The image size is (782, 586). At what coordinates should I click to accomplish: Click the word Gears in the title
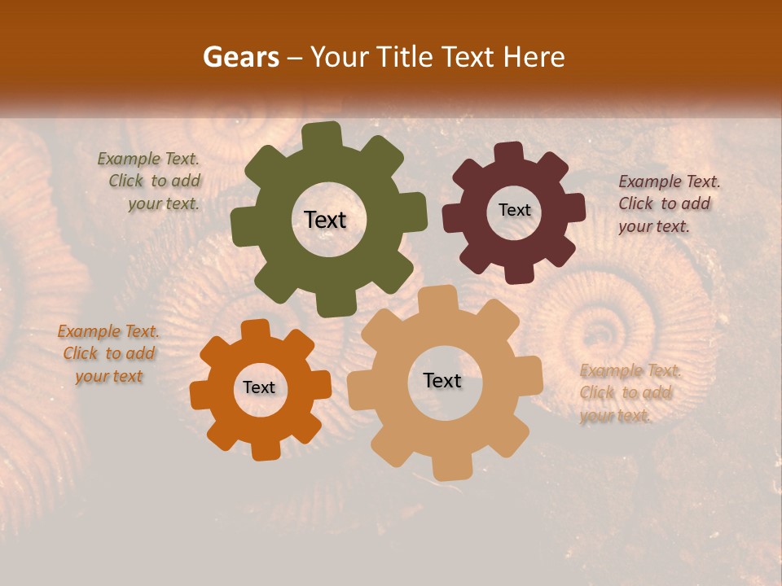[240, 57]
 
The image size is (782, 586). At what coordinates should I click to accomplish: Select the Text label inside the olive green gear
[325, 220]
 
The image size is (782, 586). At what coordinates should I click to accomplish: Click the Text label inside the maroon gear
[514, 210]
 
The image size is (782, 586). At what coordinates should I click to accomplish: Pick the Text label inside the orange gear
[258, 388]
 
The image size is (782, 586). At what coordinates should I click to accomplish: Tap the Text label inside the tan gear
[442, 380]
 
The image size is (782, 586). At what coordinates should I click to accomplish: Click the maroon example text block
[668, 203]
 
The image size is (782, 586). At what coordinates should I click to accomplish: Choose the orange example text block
[108, 354]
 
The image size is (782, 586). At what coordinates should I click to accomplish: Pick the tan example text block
[629, 393]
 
